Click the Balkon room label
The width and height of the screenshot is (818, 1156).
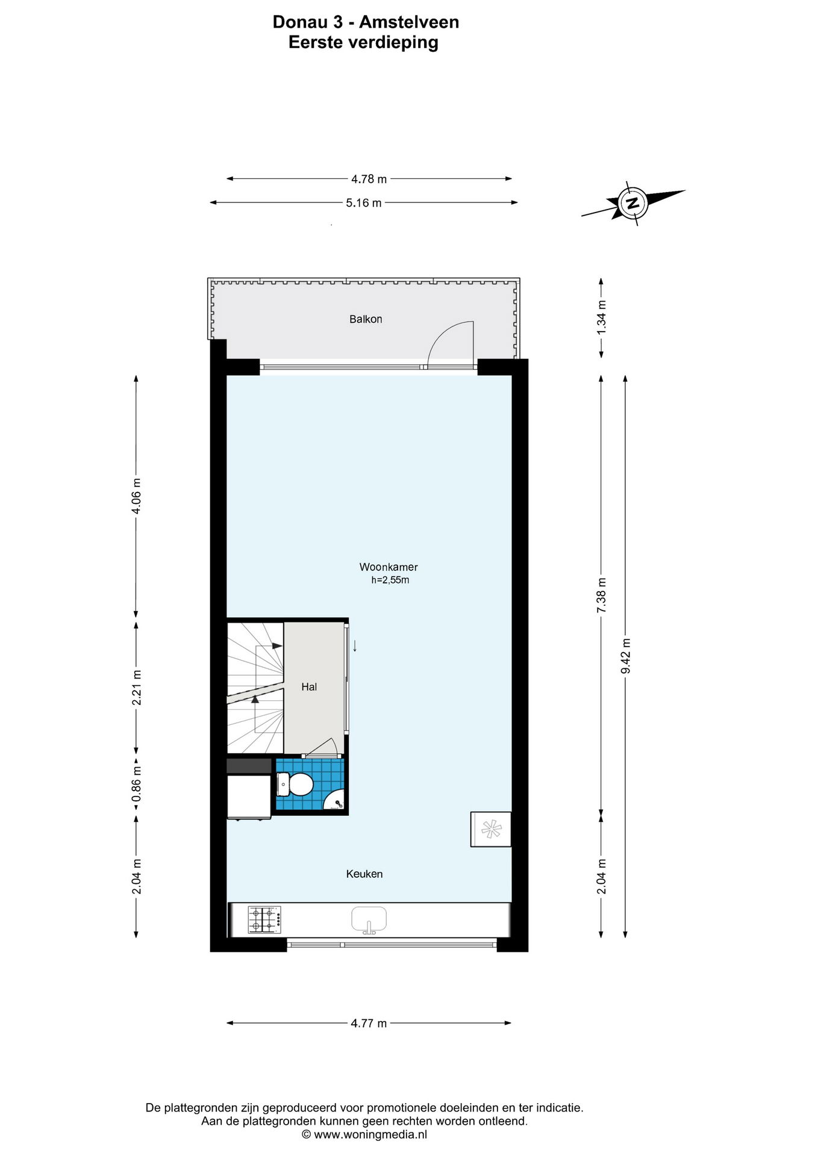366,319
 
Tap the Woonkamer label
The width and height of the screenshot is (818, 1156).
389,567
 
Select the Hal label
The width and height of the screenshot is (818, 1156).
309,687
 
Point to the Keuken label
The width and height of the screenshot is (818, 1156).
364,874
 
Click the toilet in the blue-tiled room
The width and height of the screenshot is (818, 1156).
296,785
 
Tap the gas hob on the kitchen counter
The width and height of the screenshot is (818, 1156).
264,920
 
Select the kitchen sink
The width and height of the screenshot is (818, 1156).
369,920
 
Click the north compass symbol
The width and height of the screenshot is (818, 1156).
632,202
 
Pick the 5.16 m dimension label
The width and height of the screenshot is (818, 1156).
364,203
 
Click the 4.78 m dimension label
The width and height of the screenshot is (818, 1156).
369,179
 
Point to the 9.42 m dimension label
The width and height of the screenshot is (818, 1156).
626,656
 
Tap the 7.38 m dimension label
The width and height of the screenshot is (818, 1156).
601,595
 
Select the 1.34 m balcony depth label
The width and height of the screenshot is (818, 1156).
601,317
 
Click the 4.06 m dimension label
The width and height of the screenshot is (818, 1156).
136,496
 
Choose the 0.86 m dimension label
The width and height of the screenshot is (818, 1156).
136,786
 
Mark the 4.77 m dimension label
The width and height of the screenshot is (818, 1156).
369,1023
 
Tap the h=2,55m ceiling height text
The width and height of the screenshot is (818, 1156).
390,580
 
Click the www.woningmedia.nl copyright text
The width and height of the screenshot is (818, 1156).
364,1134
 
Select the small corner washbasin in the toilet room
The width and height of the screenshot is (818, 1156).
335,800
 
